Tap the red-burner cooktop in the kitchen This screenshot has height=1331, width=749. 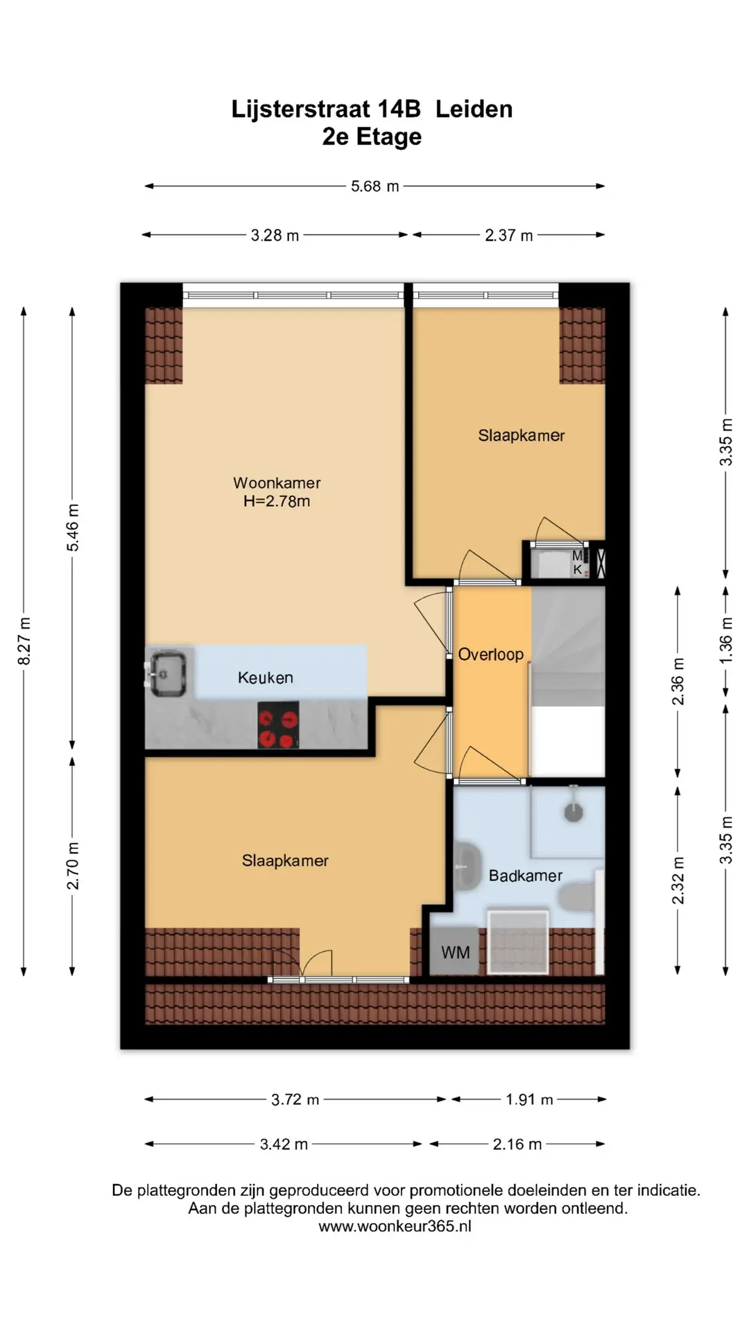(x=278, y=725)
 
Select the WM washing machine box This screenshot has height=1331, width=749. (x=455, y=952)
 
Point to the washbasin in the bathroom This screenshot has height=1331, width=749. (x=468, y=867)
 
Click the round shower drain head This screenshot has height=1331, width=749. (x=574, y=811)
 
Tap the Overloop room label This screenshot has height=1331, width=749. (x=491, y=654)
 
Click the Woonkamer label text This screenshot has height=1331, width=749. (x=277, y=482)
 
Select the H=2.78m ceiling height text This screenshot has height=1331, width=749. (x=277, y=501)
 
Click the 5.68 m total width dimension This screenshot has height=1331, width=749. (x=374, y=186)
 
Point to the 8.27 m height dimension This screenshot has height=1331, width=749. (x=24, y=641)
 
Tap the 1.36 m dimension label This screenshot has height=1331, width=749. (x=725, y=640)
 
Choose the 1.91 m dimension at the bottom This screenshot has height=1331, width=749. (x=529, y=1099)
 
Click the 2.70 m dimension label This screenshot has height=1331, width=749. (x=73, y=866)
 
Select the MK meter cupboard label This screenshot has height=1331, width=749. (x=578, y=563)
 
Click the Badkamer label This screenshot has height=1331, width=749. (x=526, y=876)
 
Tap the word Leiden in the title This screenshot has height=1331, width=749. (x=474, y=109)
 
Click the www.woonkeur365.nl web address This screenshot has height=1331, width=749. (x=395, y=1226)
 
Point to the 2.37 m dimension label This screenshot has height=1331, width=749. (x=509, y=235)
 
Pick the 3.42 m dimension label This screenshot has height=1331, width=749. (x=284, y=1145)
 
